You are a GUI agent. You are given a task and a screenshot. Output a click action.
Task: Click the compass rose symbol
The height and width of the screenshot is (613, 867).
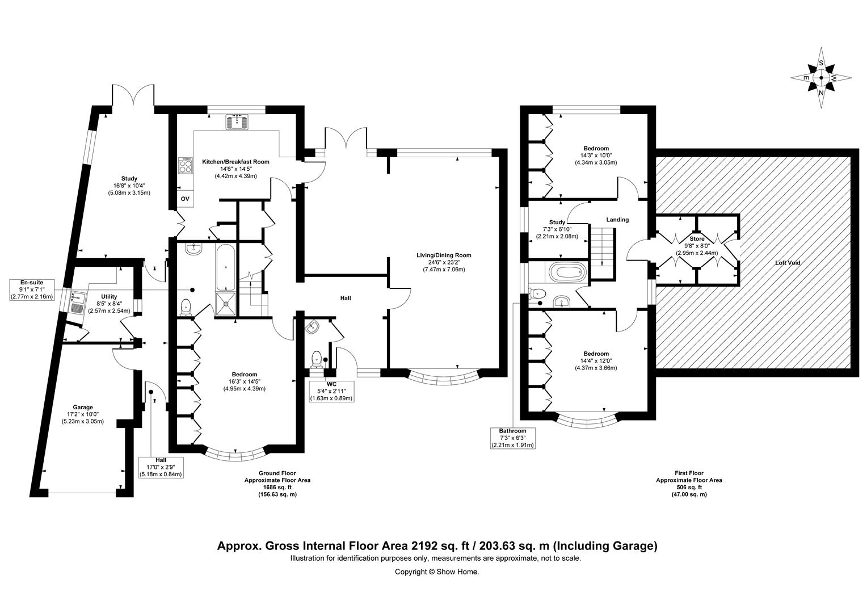(x=820, y=78)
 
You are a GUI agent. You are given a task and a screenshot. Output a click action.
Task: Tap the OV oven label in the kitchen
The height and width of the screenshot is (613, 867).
(x=185, y=199)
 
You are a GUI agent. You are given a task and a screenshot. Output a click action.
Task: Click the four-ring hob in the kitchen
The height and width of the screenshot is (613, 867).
(x=186, y=166)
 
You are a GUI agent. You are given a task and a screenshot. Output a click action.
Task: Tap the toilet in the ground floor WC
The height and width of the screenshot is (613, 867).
(x=317, y=359)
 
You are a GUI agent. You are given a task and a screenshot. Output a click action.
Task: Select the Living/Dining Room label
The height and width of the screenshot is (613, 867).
(x=444, y=255)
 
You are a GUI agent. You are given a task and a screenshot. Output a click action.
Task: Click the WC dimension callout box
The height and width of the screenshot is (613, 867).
(x=332, y=391)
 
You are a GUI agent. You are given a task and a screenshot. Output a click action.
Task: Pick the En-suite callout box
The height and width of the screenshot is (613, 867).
(x=32, y=289)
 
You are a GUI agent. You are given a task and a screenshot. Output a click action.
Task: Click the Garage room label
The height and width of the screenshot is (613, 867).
(x=83, y=407)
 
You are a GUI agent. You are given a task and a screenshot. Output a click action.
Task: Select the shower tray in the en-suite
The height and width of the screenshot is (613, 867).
(x=225, y=304)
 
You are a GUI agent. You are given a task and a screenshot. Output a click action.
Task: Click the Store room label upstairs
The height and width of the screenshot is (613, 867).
(x=697, y=238)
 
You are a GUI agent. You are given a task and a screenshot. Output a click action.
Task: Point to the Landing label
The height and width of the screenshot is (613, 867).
(x=617, y=220)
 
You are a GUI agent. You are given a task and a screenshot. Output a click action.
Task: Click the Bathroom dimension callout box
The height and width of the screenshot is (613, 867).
(x=513, y=438)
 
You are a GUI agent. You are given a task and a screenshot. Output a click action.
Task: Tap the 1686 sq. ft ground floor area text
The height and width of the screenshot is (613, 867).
(x=277, y=487)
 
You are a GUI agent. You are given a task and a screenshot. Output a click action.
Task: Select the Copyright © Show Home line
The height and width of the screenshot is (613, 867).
(x=437, y=572)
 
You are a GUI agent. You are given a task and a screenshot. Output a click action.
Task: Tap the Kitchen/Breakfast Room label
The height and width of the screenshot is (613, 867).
(x=235, y=162)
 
